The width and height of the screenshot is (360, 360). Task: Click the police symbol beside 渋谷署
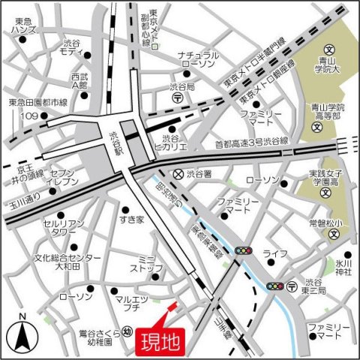click(177, 173)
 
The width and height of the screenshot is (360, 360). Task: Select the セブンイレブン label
click(64, 178)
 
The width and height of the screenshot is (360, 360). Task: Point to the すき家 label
click(130, 218)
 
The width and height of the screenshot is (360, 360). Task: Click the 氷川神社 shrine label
click(343, 268)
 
